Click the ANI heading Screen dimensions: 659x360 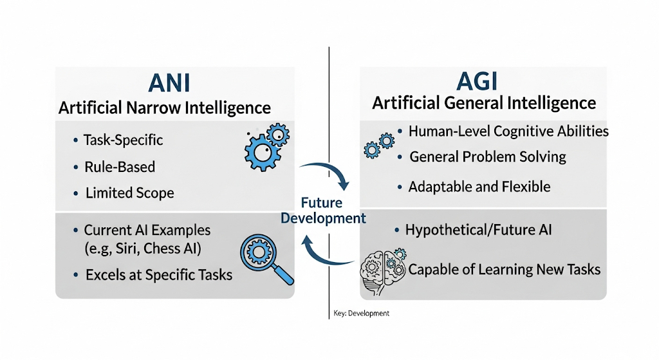click(169, 83)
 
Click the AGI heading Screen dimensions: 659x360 click(477, 81)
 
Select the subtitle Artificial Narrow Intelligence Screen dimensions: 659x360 click(165, 108)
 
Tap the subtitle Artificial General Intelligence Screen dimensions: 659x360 click(484, 103)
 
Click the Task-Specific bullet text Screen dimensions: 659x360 click(123, 140)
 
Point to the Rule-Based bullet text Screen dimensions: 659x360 click(120, 167)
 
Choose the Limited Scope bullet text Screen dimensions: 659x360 click(130, 193)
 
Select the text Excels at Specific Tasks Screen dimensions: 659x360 click(159, 274)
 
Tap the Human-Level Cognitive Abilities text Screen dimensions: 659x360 click(508, 131)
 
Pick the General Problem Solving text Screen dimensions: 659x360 click(488, 157)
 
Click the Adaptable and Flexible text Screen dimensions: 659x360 click(479, 186)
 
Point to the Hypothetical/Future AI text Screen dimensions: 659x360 click(478, 230)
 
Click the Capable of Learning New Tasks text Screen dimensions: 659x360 click(505, 270)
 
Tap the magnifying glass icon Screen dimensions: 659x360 click(266, 258)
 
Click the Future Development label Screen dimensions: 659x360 click(323, 211)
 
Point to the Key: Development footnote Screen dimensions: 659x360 click(362, 314)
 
